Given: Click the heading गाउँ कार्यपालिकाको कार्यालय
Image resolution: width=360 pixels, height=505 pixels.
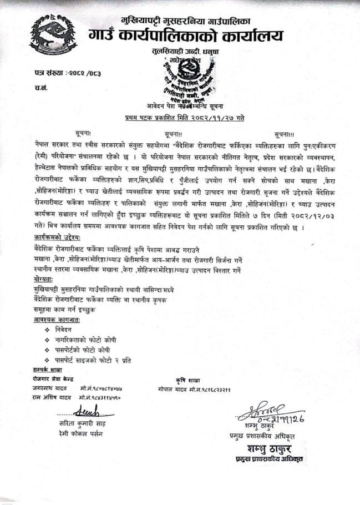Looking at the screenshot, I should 185,36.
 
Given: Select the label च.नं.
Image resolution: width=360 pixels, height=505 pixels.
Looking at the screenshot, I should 39,88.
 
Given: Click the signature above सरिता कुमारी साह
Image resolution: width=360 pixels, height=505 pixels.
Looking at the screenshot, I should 87,413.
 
